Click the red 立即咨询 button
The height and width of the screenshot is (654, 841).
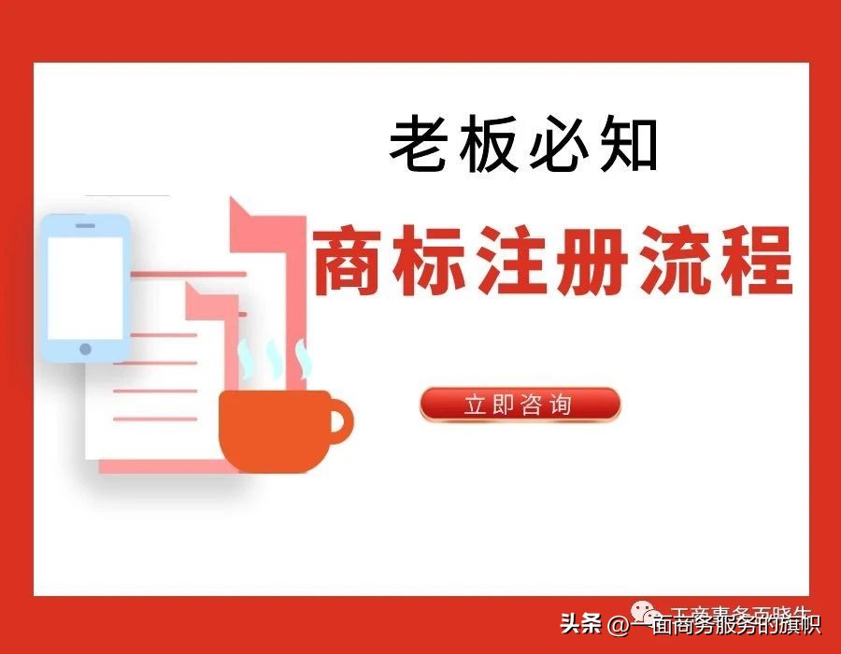520,405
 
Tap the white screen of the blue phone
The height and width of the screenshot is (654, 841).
85,287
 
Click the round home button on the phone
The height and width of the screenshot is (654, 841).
85,349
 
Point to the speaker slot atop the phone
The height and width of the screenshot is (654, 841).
85,225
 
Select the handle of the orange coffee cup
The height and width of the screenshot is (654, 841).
338,419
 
